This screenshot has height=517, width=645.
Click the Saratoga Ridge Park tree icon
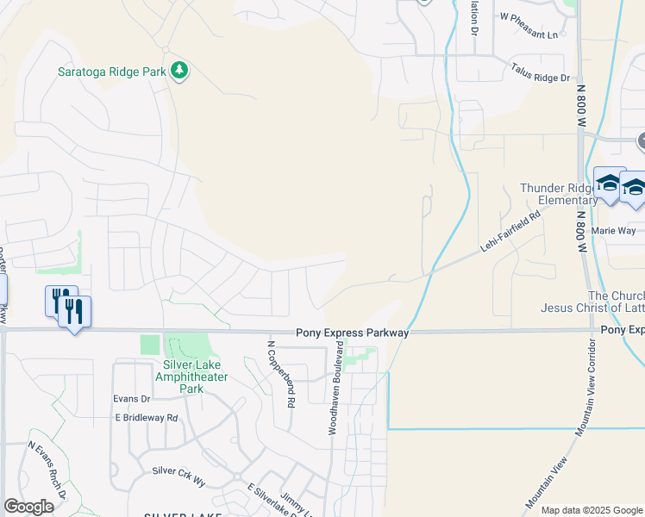pyautogui.click(x=179, y=70)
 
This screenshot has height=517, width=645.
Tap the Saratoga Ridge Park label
pyautogui.click(x=112, y=72)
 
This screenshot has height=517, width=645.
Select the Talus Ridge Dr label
pyautogui.click(x=541, y=77)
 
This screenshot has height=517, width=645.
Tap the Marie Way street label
pyautogui.click(x=614, y=230)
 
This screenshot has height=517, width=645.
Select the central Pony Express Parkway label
pyautogui.click(x=352, y=333)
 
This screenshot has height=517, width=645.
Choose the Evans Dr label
pyautogui.click(x=132, y=398)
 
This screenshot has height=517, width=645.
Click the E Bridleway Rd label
pyautogui.click(x=146, y=418)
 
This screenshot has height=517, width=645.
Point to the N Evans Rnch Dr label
pyautogui.click(x=48, y=470)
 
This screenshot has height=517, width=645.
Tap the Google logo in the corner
pyautogui.click(x=28, y=507)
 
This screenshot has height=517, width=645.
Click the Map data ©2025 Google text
pyautogui.click(x=591, y=510)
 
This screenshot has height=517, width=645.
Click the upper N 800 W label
pyautogui.click(x=580, y=100)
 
